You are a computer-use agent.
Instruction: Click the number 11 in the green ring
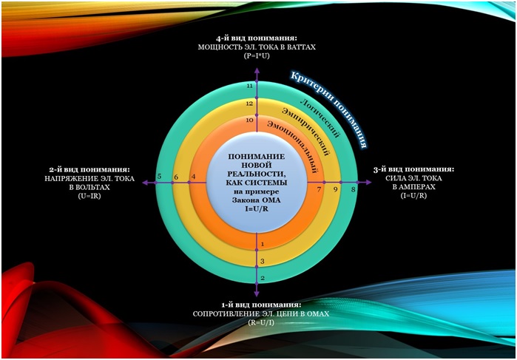250,86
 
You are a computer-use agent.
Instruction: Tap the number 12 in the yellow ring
249,103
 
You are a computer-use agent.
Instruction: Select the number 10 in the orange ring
249,120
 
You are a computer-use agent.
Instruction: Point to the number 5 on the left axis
159,177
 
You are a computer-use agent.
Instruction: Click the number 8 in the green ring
353,189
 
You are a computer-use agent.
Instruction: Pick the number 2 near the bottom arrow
263,278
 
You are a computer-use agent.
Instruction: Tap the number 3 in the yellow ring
263,262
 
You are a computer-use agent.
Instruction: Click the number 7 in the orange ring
319,189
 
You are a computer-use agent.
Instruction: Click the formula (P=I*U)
257,56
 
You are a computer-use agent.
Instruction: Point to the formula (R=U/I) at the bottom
261,323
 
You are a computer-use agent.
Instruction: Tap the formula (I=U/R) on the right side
413,195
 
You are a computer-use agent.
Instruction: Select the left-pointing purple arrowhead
146,183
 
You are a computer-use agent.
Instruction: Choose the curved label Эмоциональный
294,145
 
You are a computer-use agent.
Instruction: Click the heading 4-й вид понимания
257,38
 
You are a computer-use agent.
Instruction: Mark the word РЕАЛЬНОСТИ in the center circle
257,174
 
